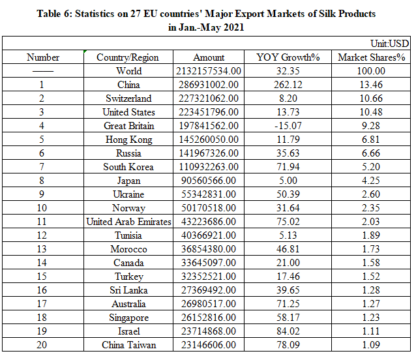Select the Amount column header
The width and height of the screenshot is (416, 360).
click(209, 57)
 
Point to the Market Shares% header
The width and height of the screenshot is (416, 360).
click(372, 57)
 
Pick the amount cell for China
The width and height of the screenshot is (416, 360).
click(209, 85)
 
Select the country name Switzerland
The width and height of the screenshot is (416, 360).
click(128, 98)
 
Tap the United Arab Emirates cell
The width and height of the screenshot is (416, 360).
click(128, 222)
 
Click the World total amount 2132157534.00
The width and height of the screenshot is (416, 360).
click(209, 71)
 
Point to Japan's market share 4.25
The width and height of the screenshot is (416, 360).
click(372, 181)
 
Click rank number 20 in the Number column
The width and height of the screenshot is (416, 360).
click(42, 345)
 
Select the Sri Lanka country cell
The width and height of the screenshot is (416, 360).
click(128, 290)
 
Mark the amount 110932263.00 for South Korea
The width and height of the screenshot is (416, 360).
click(209, 167)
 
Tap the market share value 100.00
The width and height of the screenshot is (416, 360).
click(372, 71)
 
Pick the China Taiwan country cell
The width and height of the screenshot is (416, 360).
click(128, 345)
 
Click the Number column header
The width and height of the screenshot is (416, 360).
click(43, 57)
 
